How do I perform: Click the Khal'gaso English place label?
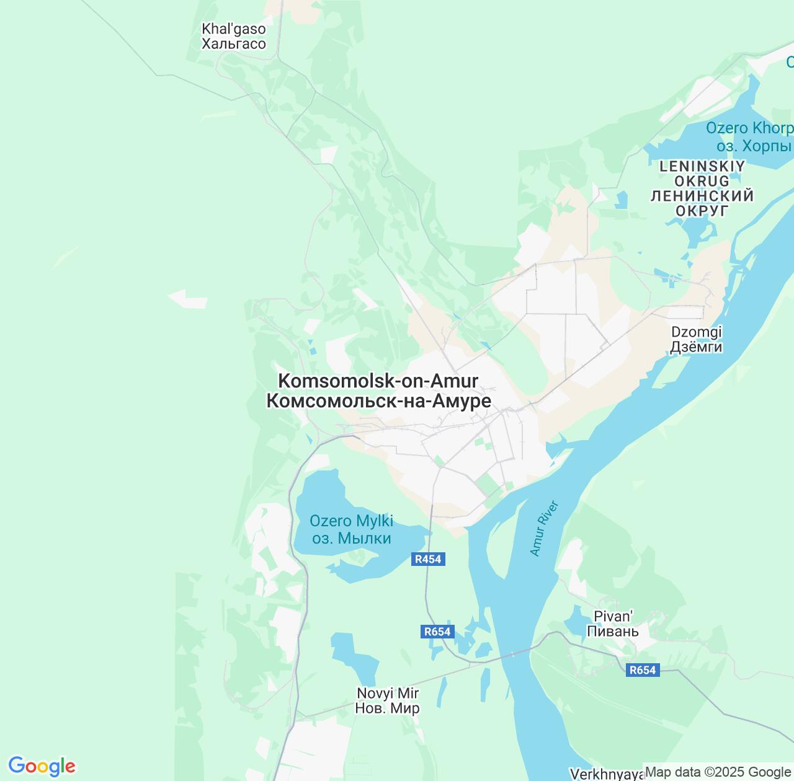(x=233, y=29)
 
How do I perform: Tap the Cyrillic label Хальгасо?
(x=233, y=44)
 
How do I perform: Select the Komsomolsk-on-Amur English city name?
(x=378, y=381)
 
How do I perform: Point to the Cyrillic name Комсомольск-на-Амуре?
(x=378, y=401)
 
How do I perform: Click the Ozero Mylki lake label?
(x=351, y=521)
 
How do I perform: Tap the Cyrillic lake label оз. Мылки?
(x=351, y=538)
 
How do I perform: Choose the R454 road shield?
(x=428, y=559)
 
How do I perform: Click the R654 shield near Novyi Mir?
(x=437, y=632)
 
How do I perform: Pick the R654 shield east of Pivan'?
(x=642, y=670)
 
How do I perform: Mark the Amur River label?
(x=545, y=529)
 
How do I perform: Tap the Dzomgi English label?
(x=697, y=332)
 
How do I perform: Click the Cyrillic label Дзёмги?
(x=696, y=346)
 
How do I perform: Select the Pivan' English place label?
(x=613, y=616)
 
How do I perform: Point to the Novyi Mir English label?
(x=388, y=693)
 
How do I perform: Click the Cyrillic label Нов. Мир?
(x=387, y=708)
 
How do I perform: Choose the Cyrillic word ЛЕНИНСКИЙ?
(x=702, y=196)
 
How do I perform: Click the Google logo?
(x=42, y=766)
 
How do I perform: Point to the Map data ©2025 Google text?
(x=718, y=772)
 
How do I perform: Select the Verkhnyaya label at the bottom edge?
(x=607, y=774)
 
